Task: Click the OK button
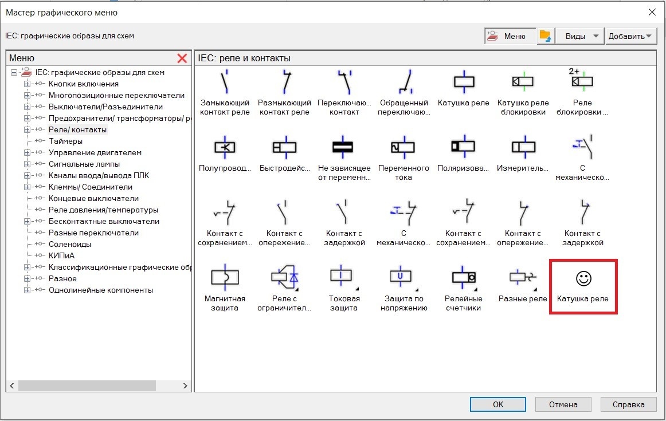coord(498,404)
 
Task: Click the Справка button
coord(628,404)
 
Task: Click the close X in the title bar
coord(652,12)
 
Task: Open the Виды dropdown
coord(580,36)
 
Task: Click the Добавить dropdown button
coord(630,36)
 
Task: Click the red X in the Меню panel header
coord(182,58)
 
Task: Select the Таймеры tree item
coord(65,141)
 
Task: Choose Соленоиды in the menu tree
coord(70,244)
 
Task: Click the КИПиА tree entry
coord(61,255)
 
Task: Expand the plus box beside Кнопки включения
coord(27,84)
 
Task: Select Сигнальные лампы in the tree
coord(84,164)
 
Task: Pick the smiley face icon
coord(583,278)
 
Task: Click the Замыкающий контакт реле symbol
coord(225,81)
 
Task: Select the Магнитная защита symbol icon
coord(225,277)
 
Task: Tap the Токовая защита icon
coord(341,276)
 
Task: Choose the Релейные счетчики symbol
coord(464,277)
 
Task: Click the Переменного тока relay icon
coord(403,147)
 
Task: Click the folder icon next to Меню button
coord(545,36)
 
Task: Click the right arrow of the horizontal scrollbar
coord(185,386)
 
